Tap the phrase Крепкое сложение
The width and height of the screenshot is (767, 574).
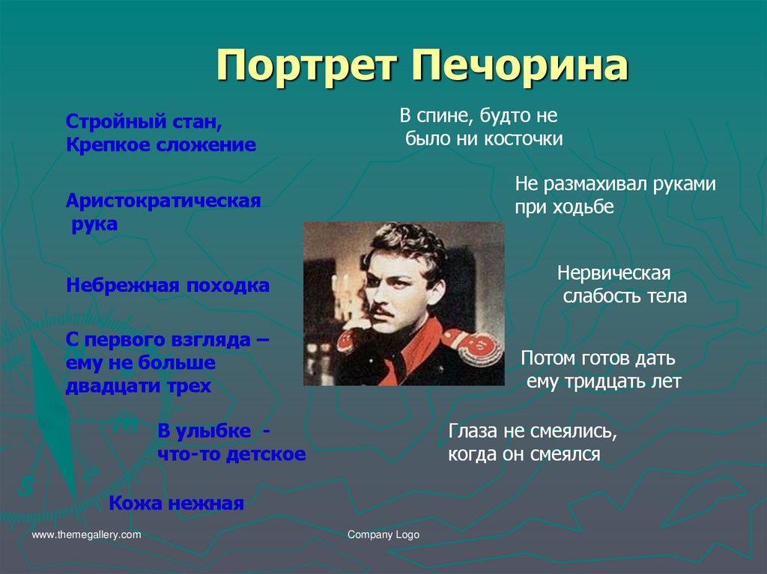click(161, 144)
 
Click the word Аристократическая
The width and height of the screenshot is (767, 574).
click(163, 201)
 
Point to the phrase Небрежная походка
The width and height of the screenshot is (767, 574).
click(168, 286)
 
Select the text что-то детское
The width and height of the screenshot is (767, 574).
click(231, 454)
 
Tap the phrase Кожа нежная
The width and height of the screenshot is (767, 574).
click(177, 504)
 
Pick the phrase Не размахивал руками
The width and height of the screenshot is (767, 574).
click(615, 184)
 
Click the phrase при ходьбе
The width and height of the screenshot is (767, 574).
click(563, 207)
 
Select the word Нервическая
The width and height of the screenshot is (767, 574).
click(613, 272)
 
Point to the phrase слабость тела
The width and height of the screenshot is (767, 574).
click(624, 296)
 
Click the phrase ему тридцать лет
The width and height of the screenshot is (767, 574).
click(604, 382)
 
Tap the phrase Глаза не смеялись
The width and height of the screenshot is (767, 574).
click(533, 431)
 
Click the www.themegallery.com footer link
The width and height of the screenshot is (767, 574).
click(86, 535)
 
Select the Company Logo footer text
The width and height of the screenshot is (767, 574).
click(383, 535)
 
